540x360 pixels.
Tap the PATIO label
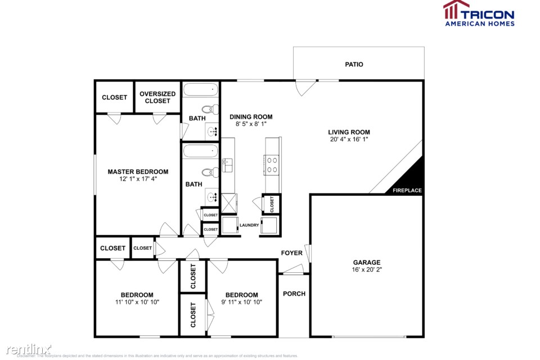click(x=354, y=65)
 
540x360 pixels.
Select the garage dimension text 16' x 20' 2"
click(x=367, y=270)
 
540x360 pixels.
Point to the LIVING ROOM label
click(x=349, y=133)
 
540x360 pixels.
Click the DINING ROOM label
click(x=251, y=117)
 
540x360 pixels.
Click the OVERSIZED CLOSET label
click(x=157, y=97)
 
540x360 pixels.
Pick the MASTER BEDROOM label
click(x=138, y=172)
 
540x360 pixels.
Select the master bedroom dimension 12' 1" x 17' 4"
click(x=138, y=179)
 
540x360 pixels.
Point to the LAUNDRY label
click(x=249, y=226)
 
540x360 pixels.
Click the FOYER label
click(x=292, y=253)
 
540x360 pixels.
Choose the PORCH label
click(x=294, y=294)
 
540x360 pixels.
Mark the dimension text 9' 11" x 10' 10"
click(x=241, y=302)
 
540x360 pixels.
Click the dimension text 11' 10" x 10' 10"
click(x=137, y=302)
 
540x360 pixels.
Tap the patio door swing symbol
click(x=305, y=87)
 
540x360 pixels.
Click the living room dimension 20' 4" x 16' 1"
click(x=349, y=140)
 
